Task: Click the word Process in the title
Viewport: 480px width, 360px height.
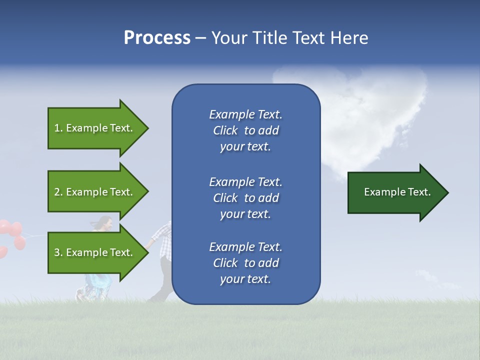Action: (x=157, y=38)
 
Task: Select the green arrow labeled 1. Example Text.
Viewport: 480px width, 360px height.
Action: (x=95, y=128)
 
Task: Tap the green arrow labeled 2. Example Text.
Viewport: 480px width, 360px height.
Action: (x=95, y=192)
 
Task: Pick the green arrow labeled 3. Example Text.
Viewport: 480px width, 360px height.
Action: (x=95, y=252)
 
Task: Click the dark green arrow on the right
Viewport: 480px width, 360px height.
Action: (x=395, y=192)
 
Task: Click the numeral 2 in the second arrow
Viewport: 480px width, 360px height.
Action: (x=57, y=192)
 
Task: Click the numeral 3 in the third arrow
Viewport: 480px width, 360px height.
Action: (x=57, y=252)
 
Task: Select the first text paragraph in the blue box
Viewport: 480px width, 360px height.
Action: (x=245, y=130)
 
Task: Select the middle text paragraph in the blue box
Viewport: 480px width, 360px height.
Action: (x=245, y=198)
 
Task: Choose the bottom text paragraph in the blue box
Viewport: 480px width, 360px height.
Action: (x=245, y=263)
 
